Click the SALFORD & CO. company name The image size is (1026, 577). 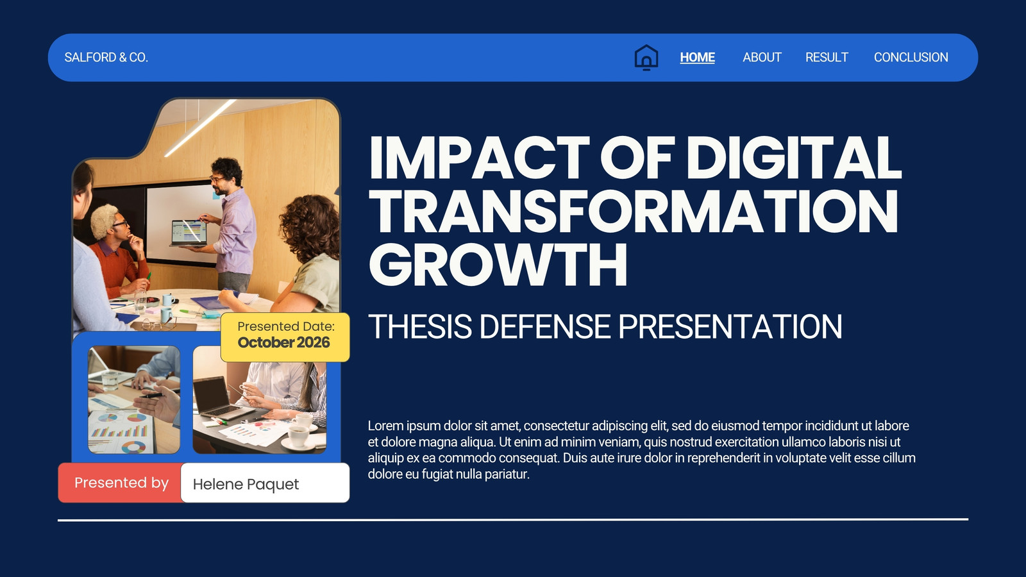click(106, 57)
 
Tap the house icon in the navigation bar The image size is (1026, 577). click(646, 57)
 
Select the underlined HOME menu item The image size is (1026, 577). click(697, 57)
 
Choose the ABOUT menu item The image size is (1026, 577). click(762, 57)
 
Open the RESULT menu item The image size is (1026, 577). click(827, 57)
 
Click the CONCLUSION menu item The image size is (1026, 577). click(911, 57)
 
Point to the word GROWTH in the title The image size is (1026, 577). click(498, 265)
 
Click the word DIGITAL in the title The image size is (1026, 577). click(793, 158)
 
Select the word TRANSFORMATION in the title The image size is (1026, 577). click(634, 211)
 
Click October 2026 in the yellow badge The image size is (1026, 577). click(283, 342)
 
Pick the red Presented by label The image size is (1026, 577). click(121, 483)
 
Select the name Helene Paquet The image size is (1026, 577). click(246, 484)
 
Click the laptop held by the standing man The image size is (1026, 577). click(189, 233)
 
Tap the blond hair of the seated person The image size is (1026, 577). click(105, 219)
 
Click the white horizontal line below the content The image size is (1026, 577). click(513, 520)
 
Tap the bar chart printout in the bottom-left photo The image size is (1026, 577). click(120, 431)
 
